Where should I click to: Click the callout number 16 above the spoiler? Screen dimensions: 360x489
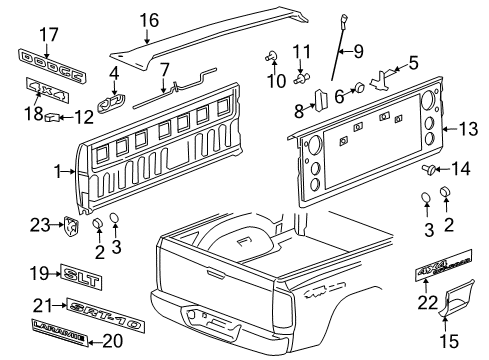pos(149,19)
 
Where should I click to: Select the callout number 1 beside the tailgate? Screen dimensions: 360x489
pos(57,172)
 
